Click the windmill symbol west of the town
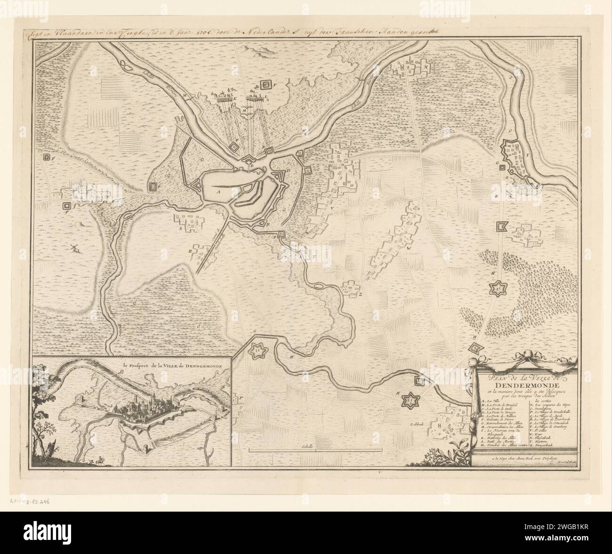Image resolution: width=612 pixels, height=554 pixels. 74,249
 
